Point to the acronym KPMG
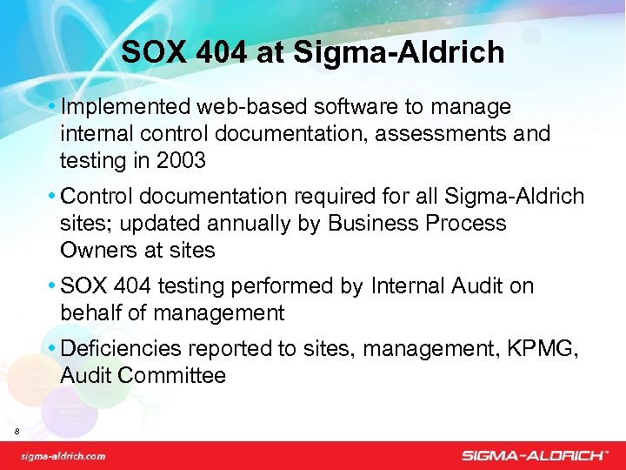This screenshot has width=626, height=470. (x=546, y=349)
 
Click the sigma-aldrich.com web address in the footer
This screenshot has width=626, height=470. (x=63, y=455)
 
